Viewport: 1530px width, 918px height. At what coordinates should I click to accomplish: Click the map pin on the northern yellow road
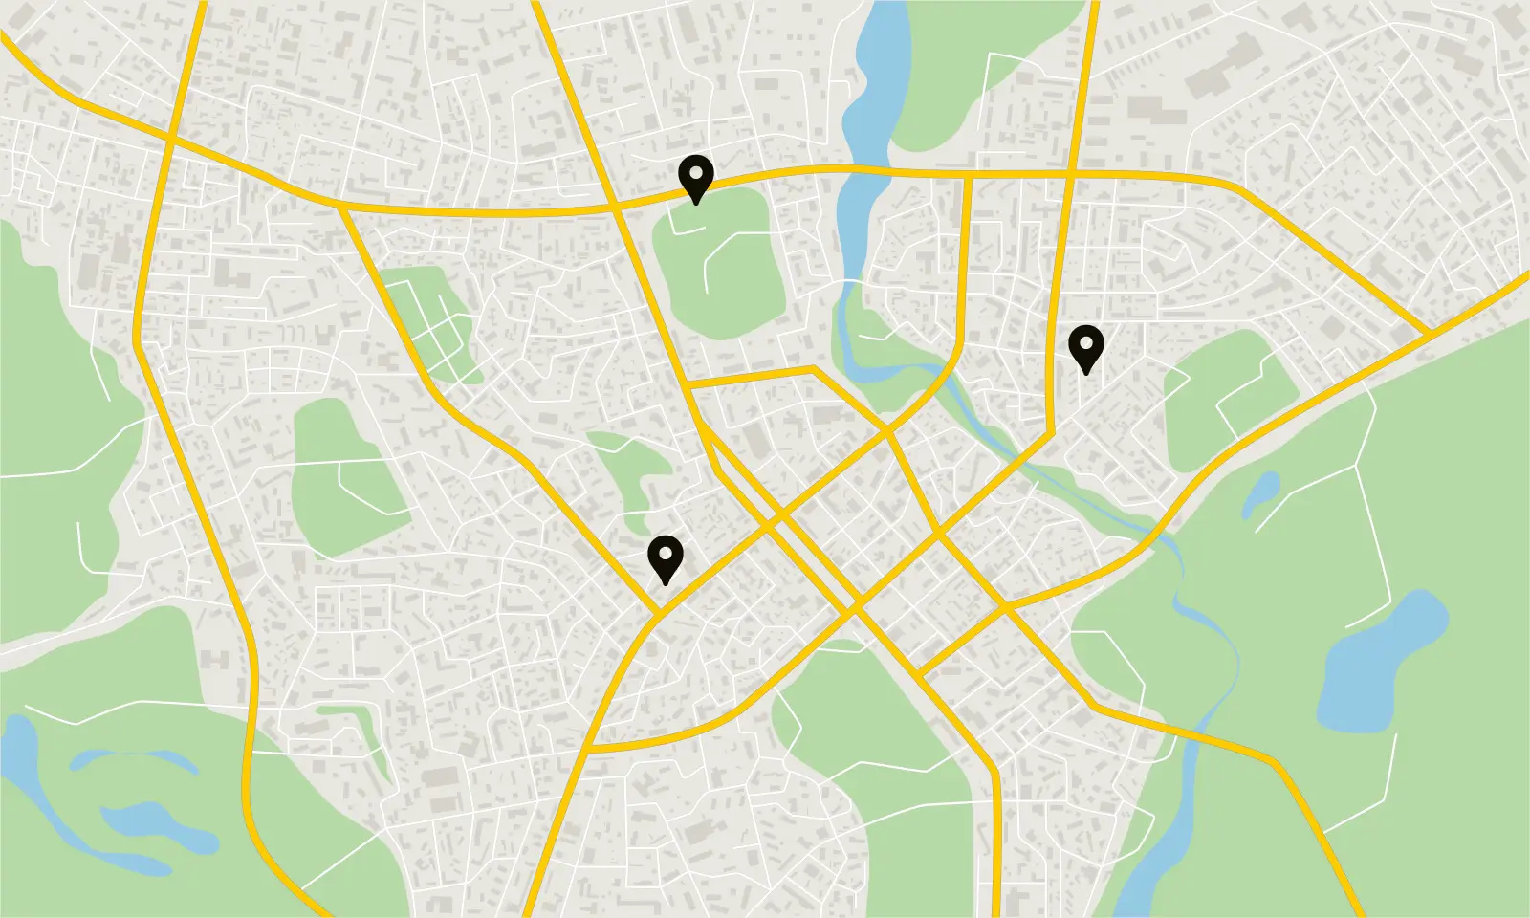click(x=695, y=177)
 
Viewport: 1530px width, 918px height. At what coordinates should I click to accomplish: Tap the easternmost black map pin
click(x=1085, y=347)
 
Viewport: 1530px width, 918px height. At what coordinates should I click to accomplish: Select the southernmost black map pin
click(x=665, y=557)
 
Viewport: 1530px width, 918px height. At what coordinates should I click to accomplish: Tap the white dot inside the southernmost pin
click(x=665, y=552)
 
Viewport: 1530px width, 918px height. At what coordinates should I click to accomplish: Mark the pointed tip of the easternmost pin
click(x=1085, y=374)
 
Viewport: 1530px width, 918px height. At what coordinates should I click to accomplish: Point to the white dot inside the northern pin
click(x=695, y=172)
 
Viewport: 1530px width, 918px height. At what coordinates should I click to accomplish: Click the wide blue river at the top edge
click(x=875, y=76)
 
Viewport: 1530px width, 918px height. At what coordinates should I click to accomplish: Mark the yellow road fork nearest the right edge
click(x=1429, y=334)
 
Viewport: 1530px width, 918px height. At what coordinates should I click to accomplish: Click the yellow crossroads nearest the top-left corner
click(x=170, y=140)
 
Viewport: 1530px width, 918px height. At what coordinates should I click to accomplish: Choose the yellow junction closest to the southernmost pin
click(x=659, y=612)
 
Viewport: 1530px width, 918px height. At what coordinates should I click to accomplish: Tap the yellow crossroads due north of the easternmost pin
click(x=1069, y=175)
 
